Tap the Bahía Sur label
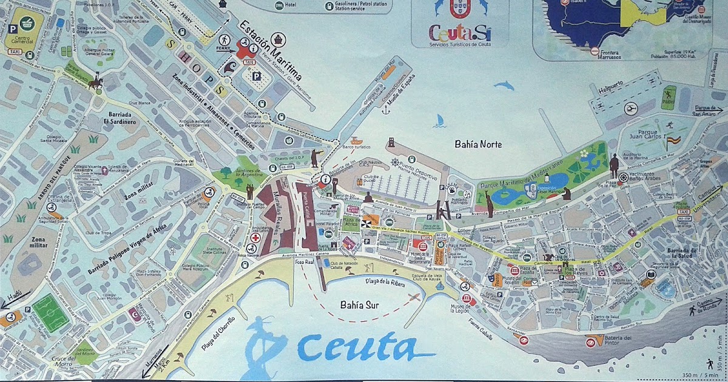pyautogui.click(x=360, y=305)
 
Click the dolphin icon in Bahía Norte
pyautogui.click(x=504, y=86)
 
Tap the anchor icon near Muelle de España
pyautogui.click(x=384, y=110)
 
